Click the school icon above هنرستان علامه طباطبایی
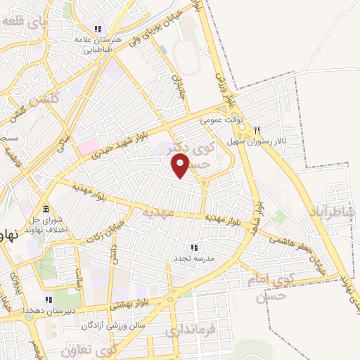click(x=99, y=30)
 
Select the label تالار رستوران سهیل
click(x=257, y=141)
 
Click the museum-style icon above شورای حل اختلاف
click(x=46, y=210)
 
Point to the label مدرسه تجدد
click(x=194, y=258)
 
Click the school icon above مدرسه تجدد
click(x=194, y=247)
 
